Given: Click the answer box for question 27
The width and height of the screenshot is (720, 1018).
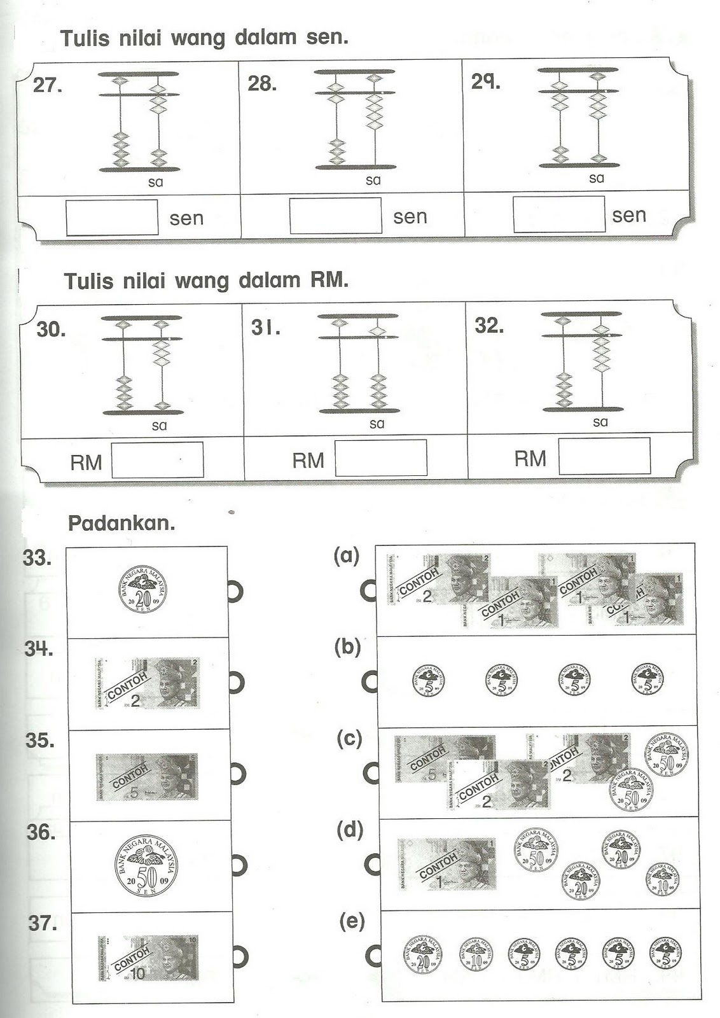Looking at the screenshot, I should coord(112,218).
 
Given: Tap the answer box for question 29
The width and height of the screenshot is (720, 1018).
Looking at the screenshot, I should coord(558,214).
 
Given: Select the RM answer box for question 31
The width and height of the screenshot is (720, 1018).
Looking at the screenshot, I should coord(380,457).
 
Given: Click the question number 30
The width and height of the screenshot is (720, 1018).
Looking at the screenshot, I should coord(51,330).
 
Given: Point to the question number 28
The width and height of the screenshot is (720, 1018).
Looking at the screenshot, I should coord(262,83).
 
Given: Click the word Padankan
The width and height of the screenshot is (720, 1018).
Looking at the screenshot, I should coord(121,524).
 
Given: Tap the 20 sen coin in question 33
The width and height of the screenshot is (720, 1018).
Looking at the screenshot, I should coord(144,589).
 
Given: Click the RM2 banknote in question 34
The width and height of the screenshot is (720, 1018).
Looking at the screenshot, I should coord(147,684).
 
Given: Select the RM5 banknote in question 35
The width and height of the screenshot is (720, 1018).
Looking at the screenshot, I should coord(146,777).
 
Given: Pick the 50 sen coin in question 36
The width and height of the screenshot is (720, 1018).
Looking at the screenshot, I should coord(146,866).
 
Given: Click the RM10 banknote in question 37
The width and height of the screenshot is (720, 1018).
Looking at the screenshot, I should coord(148,958).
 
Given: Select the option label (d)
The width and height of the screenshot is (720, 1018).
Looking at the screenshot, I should coord(350,830).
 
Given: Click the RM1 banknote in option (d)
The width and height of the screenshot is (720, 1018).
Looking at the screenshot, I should coord(447,864).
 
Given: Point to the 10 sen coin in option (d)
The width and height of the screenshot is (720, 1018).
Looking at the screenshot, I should coord(662,879).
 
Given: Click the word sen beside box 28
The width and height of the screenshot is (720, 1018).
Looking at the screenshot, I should coord(410,217).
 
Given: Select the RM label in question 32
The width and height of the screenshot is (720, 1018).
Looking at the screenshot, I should coord(530,458).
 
